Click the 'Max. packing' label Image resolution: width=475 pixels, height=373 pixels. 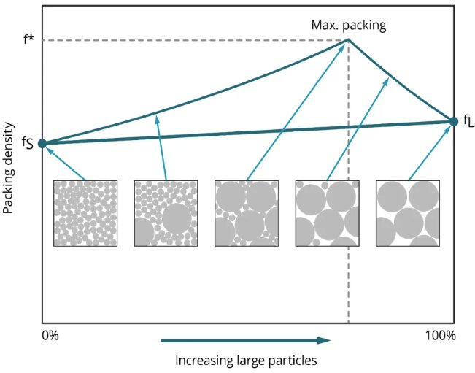(347, 26)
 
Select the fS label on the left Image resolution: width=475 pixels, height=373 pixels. (26, 144)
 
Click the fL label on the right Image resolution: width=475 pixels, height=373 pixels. (468, 121)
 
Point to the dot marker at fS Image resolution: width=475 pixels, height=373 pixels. (42, 144)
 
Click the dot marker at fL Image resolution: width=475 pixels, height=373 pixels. (453, 120)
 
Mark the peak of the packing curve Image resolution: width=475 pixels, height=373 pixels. (347, 40)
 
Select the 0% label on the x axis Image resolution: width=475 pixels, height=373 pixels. (50, 336)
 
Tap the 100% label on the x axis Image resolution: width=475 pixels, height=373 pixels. (440, 336)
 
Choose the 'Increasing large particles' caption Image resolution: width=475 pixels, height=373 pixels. (247, 360)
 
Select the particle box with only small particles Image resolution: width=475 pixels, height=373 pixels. (85, 212)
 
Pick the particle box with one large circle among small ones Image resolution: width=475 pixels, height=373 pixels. (166, 212)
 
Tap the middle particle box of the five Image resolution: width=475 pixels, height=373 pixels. (247, 212)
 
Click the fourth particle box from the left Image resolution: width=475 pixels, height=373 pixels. (327, 212)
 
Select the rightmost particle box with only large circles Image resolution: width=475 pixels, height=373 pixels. (407, 212)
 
